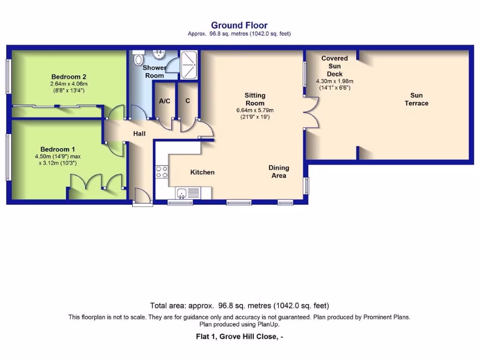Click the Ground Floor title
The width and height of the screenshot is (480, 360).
[x=239, y=25]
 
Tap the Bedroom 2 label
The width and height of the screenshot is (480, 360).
[x=69, y=77]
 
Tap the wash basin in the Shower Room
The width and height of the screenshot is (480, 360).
[x=160, y=54]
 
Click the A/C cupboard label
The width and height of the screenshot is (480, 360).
[x=165, y=101]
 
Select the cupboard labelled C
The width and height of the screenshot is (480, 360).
[x=187, y=101]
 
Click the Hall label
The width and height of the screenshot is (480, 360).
[x=139, y=134]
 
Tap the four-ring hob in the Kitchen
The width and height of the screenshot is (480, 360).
[x=162, y=172]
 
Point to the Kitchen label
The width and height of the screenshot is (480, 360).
[x=202, y=172]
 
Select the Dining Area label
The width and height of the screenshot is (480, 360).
[x=279, y=172]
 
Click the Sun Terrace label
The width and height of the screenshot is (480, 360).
[x=416, y=99]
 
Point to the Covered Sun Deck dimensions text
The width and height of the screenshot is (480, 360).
[x=334, y=84]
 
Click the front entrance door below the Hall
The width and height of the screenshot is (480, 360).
[x=142, y=196]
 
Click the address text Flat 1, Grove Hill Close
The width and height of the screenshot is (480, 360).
[x=239, y=336]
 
